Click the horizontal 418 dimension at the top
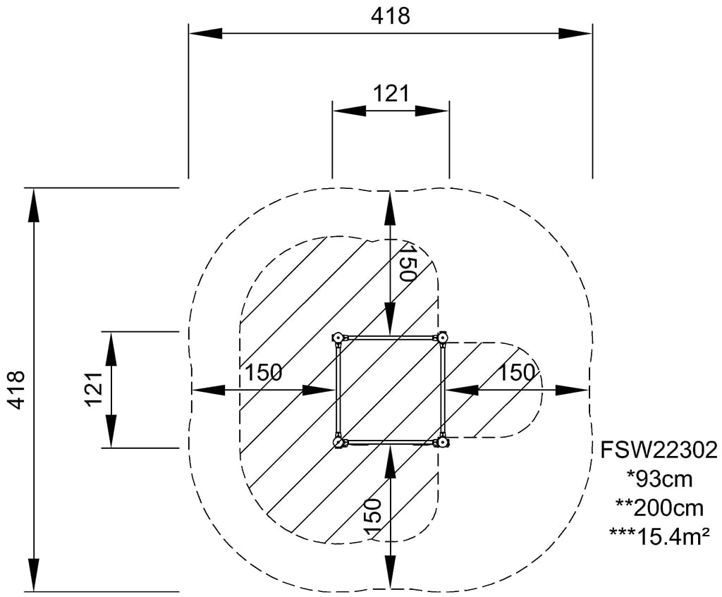click(x=390, y=16)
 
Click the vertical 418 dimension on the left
click(x=16, y=388)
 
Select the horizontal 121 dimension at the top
click(x=390, y=93)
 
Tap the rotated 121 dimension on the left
click(x=94, y=388)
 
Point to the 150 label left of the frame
click(x=264, y=373)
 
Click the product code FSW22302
click(x=659, y=450)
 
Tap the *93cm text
click(x=659, y=479)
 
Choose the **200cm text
click(x=659, y=508)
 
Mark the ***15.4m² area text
click(x=659, y=537)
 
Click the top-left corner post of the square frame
click(x=338, y=338)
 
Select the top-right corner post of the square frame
click(x=443, y=338)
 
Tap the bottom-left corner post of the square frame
click(x=338, y=443)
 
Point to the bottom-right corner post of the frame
click(x=443, y=443)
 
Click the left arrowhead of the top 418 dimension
click(x=204, y=33)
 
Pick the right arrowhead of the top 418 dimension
click(x=575, y=33)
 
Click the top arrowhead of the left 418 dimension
click(x=33, y=205)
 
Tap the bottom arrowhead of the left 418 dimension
click(x=33, y=574)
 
